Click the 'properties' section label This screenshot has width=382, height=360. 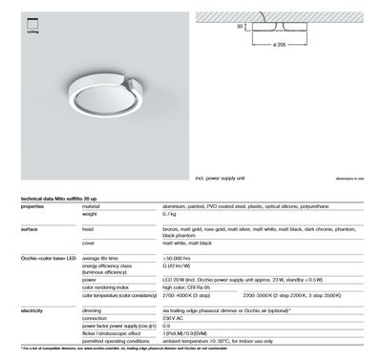pos(32,206)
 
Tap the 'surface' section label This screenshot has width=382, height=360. pos(30,230)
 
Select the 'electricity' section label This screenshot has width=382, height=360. pos(33,310)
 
